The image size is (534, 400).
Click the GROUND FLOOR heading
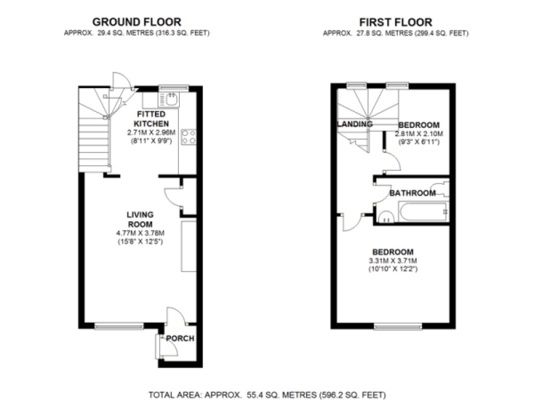click(137, 22)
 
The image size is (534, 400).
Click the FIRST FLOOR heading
click(395, 22)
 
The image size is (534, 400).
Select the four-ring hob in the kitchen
click(188, 136)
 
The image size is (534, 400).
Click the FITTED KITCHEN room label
click(151, 119)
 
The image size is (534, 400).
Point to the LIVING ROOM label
click(140, 219)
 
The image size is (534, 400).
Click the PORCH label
click(180, 339)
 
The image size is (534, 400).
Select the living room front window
click(119, 326)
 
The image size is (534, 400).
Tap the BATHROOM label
click(412, 193)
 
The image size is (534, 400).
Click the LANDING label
click(355, 124)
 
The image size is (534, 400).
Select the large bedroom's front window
click(398, 327)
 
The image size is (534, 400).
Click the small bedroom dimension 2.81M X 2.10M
click(419, 133)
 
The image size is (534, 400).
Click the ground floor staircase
click(94, 141)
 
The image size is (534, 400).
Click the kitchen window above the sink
click(173, 87)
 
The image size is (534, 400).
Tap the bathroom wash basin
click(385, 217)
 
